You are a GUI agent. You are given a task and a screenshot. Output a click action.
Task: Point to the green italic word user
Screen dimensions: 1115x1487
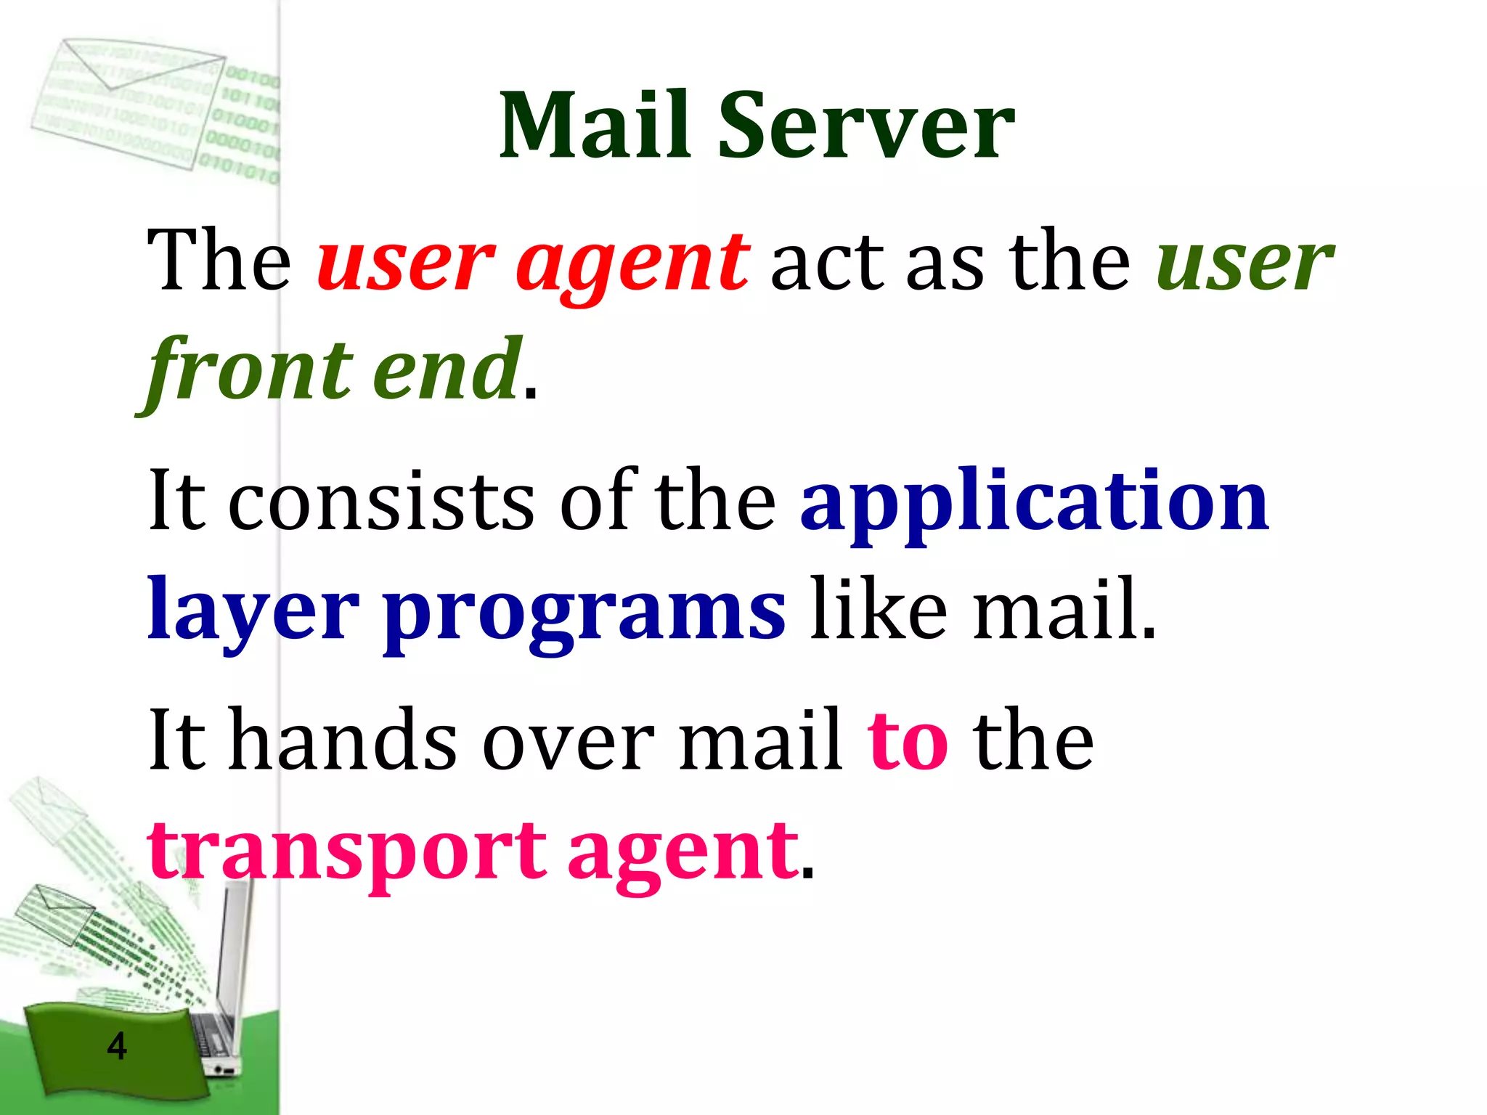pyautogui.click(x=1244, y=261)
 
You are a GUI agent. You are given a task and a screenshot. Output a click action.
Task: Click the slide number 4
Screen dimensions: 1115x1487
pyautogui.click(x=116, y=1046)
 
